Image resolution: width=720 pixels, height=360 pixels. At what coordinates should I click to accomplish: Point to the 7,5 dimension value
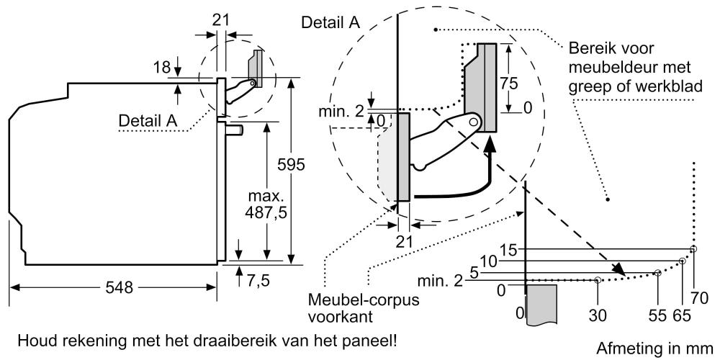pos(258,280)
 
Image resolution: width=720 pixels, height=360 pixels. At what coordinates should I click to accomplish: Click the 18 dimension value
pos(162,67)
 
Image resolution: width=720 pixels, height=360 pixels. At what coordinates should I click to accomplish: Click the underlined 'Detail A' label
pos(148,122)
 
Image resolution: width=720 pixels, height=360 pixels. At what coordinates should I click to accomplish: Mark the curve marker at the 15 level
pos(693,249)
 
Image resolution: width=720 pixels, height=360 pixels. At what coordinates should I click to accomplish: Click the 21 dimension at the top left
pos(222,19)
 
